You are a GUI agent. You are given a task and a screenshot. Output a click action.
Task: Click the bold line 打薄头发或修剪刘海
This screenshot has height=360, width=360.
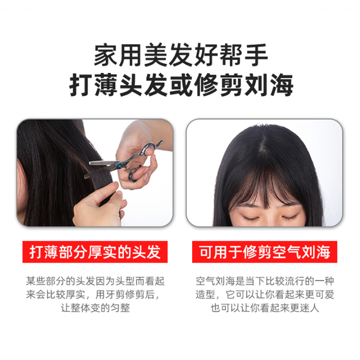click(180, 84)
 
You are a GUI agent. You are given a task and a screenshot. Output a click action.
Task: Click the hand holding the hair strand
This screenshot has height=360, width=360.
click(99, 207)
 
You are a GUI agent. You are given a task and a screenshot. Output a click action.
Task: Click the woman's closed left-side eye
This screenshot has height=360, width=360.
click(250, 218)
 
